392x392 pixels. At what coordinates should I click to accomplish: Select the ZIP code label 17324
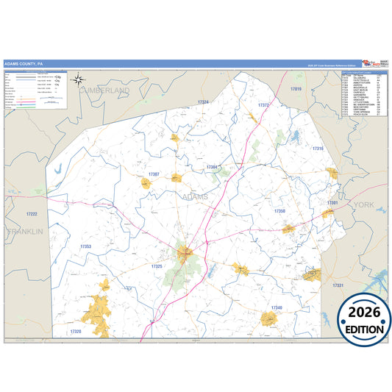pyautogui.click(x=203, y=101)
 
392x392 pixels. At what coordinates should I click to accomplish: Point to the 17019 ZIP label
pyautogui.click(x=296, y=88)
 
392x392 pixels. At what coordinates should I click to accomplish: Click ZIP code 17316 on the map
pyautogui.click(x=317, y=149)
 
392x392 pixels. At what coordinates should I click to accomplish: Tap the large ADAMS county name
pyautogui.click(x=195, y=197)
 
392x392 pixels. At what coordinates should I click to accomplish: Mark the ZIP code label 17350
pyautogui.click(x=279, y=211)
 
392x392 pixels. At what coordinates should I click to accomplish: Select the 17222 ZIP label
pyautogui.click(x=31, y=213)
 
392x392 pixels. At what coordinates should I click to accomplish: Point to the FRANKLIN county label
pyautogui.click(x=24, y=231)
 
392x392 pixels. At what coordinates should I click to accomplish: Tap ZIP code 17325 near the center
pyautogui.click(x=157, y=266)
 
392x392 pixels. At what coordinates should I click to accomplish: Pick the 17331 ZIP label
pyautogui.click(x=337, y=285)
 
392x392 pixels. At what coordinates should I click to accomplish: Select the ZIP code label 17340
pyautogui.click(x=276, y=307)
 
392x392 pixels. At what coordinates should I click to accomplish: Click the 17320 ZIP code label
pyautogui.click(x=76, y=332)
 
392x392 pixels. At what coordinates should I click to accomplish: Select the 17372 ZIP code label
pyautogui.click(x=263, y=105)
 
